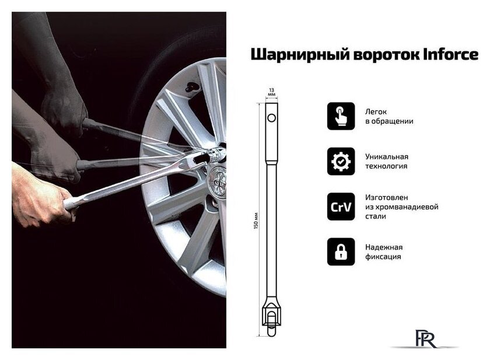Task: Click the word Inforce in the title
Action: click(x=450, y=54)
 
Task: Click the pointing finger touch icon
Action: click(x=341, y=116)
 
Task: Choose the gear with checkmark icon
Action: click(x=341, y=161)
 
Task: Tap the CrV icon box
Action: click(x=341, y=207)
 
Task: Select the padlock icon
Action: click(x=341, y=251)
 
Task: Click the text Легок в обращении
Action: click(x=389, y=116)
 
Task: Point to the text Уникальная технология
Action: click(x=387, y=161)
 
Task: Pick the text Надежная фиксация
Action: click(x=384, y=252)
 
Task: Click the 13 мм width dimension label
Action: click(x=272, y=92)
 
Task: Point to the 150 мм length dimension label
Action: click(x=256, y=221)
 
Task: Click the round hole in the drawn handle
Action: click(x=272, y=118)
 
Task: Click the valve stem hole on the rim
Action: click(x=191, y=87)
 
